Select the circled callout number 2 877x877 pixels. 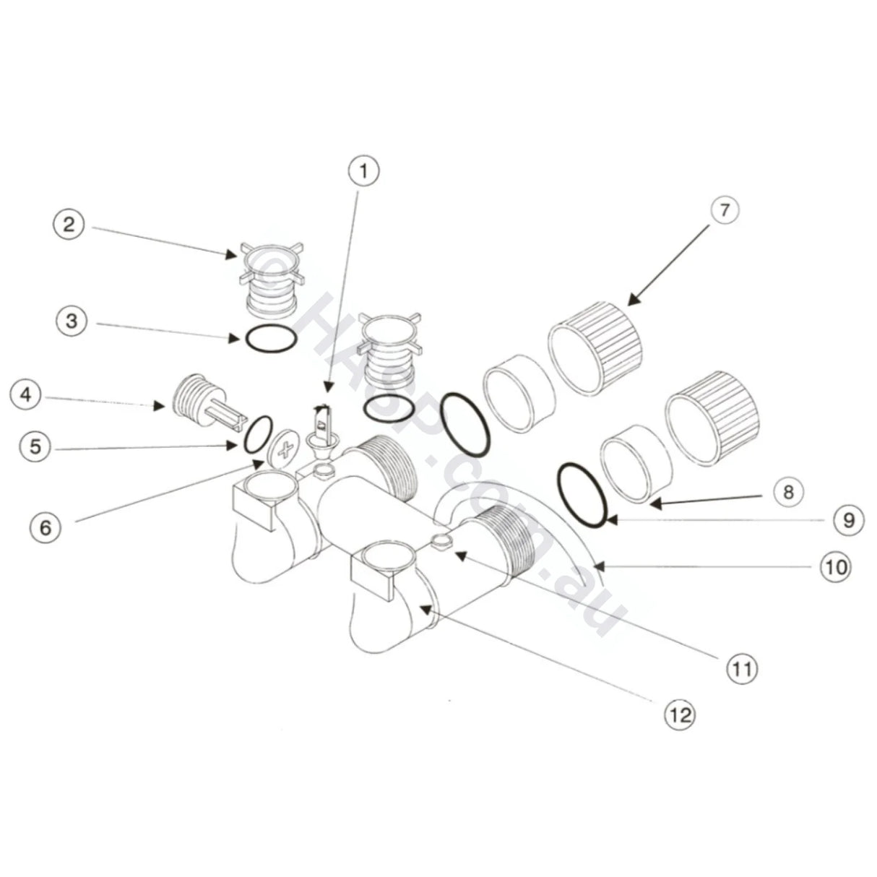point(69,224)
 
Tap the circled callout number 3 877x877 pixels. point(72,321)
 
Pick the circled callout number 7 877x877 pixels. point(724,211)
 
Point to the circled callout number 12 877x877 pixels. point(681,715)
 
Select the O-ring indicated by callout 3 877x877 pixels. point(268,340)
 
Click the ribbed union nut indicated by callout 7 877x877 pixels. point(596,347)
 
